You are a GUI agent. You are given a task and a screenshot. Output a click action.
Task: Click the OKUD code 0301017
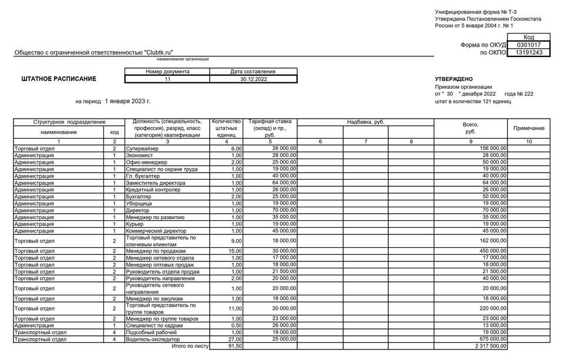529,45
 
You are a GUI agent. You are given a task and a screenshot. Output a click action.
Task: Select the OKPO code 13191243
529,52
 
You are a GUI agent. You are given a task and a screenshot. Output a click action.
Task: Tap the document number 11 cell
167,79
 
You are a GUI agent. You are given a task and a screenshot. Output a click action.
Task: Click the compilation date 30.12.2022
254,79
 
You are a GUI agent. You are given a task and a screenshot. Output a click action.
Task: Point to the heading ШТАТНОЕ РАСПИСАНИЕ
59,79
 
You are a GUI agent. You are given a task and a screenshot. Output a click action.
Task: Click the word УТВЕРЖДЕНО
454,79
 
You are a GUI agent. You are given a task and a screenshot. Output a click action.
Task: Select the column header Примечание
529,128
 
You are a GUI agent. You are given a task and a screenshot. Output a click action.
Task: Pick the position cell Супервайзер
142,149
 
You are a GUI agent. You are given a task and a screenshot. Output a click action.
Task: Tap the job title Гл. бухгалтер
143,176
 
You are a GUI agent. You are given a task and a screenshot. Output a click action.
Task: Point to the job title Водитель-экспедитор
153,339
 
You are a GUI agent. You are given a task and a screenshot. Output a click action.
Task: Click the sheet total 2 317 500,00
487,346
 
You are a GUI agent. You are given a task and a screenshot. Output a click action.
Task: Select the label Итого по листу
190,346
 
